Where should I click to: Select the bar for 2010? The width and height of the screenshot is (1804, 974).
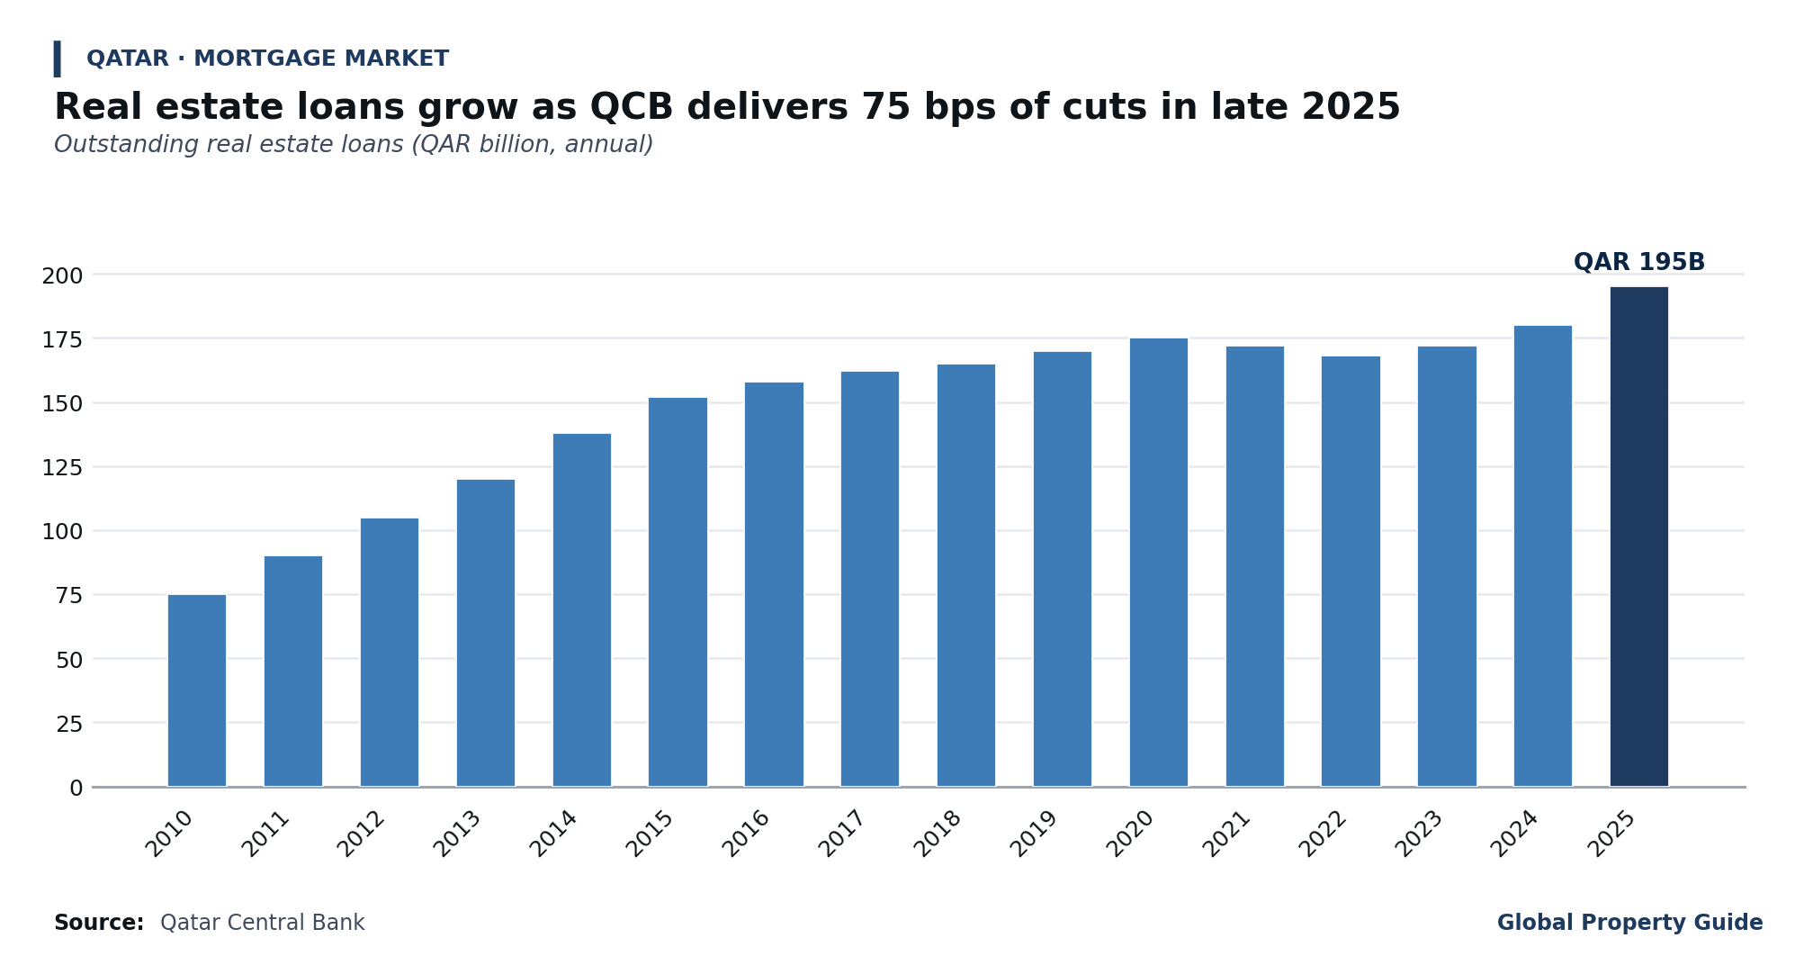coord(197,690)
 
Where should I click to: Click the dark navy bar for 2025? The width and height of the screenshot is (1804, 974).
coord(1638,537)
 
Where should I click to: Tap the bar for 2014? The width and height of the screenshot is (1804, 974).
coord(581,610)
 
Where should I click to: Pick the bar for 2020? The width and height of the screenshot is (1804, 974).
coord(1158,563)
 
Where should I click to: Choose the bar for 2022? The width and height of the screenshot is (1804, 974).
coord(1351,572)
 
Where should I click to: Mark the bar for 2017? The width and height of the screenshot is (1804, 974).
coord(870,579)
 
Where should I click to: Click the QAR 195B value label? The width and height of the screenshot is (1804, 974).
coord(1639,263)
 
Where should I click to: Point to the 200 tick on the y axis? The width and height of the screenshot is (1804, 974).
coord(62,275)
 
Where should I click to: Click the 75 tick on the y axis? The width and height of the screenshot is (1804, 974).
coord(69,596)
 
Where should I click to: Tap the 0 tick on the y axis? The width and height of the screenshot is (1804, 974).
coord(76,789)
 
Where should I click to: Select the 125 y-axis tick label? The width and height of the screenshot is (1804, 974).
coord(62,468)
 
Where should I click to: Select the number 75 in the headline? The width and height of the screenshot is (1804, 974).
coord(883,108)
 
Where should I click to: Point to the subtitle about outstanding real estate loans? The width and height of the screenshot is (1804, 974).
coord(354,145)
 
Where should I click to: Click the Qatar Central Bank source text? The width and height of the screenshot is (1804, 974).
coord(263,924)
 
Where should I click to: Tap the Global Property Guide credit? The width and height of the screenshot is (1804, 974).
coord(1630,924)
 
